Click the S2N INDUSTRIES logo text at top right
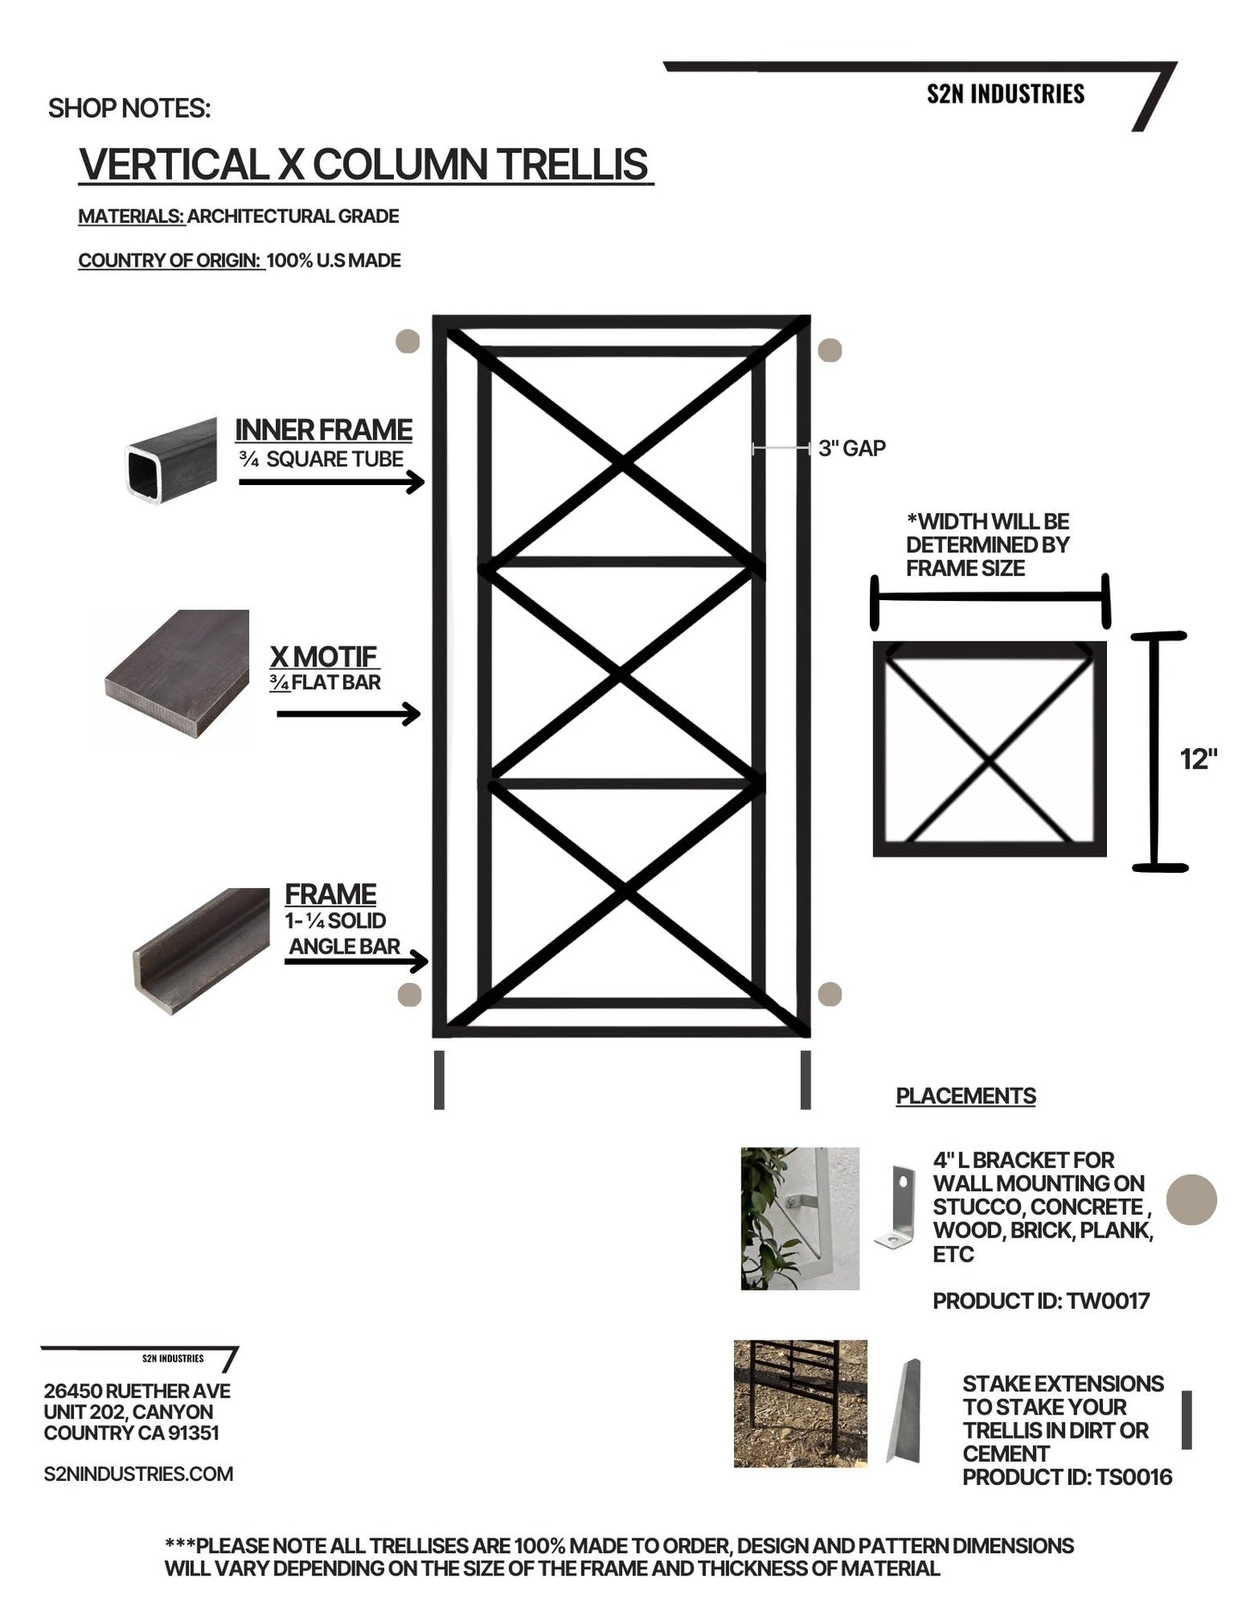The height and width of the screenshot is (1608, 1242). [1005, 94]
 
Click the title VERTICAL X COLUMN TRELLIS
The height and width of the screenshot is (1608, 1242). [364, 164]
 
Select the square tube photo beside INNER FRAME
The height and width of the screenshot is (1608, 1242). [171, 460]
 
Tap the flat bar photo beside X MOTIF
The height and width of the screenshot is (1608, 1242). [176, 674]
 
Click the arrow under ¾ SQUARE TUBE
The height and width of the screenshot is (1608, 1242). [332, 482]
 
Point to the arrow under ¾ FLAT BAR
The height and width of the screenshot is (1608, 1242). [348, 714]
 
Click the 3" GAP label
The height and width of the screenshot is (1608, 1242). [851, 448]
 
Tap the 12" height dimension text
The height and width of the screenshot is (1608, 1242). [1198, 759]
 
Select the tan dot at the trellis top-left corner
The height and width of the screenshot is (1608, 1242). [407, 341]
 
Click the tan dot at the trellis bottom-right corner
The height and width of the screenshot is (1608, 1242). [829, 994]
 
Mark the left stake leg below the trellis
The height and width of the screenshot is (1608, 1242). [439, 1080]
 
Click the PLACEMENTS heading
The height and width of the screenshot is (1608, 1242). [965, 1096]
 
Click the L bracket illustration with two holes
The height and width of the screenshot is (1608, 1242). [896, 1206]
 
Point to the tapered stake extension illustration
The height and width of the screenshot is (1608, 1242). [904, 1410]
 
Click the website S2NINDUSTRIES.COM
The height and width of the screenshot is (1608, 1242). [138, 1474]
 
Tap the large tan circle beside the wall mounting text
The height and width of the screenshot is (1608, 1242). [1191, 1199]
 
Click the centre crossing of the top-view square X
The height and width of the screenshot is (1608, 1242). [990, 762]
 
